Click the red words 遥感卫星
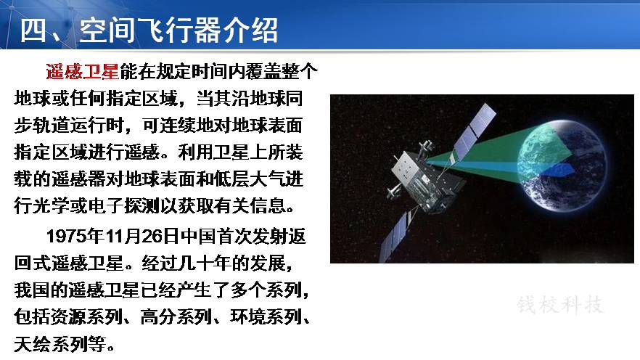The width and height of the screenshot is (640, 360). pyautogui.click(x=82, y=72)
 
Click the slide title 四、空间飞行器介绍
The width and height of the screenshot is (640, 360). pyautogui.click(x=149, y=30)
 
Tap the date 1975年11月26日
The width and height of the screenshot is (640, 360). pyautogui.click(x=112, y=236)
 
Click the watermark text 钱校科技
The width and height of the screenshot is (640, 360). pyautogui.click(x=560, y=305)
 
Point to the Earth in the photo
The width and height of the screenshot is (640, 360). pyautogui.click(x=562, y=165)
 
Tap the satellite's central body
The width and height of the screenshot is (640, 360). pyautogui.click(x=424, y=179)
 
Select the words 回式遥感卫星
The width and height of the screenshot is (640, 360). pyautogui.click(x=68, y=263)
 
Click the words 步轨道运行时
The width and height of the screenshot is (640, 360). pyautogui.click(x=68, y=125)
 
